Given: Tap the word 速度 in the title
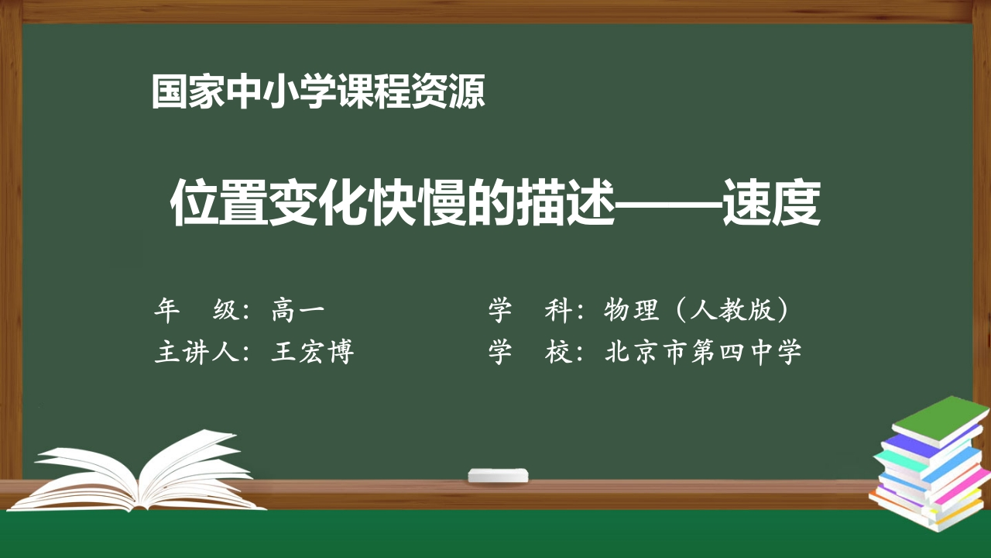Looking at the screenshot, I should click(771, 204).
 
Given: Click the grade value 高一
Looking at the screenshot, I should click(298, 311).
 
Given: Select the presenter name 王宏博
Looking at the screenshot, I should click(313, 352).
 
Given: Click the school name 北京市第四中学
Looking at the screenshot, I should click(703, 352).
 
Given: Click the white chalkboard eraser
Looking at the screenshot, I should click(499, 474).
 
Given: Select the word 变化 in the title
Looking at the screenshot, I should click(317, 204).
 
